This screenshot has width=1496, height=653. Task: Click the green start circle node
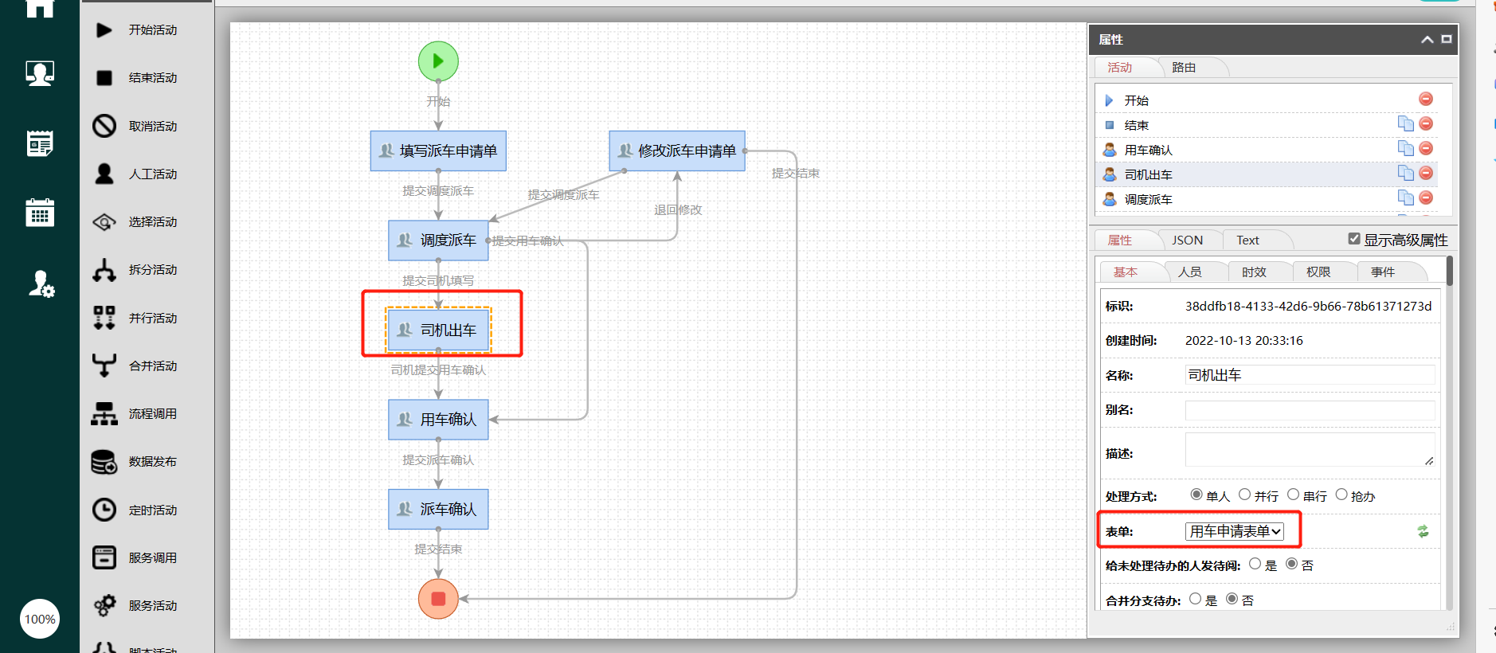pos(438,61)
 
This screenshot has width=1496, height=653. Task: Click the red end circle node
pos(438,599)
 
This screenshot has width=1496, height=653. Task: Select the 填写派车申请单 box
pos(438,151)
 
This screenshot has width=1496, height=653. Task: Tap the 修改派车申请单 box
pos(677,151)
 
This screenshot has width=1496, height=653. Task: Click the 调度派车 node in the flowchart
pos(438,240)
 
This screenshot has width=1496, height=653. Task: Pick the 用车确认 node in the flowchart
pos(438,420)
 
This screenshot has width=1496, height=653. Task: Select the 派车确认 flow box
pos(438,509)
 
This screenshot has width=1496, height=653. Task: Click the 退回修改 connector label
pos(678,210)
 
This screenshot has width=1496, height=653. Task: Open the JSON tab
pos(1187,240)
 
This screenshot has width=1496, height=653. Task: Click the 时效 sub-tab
pos(1254,272)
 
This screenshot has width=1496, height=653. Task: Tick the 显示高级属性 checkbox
pos(1354,239)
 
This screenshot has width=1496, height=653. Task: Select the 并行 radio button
pos(1244,495)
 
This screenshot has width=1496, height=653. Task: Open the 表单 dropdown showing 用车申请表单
pos(1235,531)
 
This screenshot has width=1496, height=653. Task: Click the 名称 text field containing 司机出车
pos(1310,375)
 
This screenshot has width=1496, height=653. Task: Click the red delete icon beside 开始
pos(1426,99)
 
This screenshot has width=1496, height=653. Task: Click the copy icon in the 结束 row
pos(1406,123)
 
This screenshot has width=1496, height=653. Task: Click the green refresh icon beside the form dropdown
pos(1423,531)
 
